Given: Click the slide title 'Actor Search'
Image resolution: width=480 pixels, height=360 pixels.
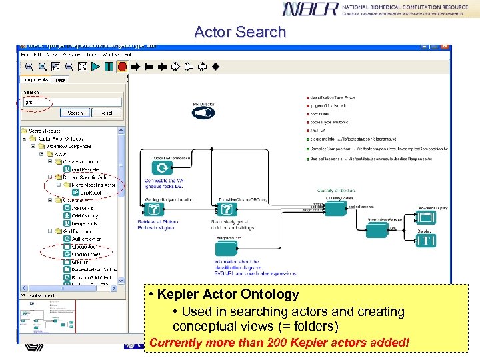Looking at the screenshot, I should click(239, 32).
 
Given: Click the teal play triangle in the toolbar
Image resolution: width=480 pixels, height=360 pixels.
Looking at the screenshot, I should click(96, 66).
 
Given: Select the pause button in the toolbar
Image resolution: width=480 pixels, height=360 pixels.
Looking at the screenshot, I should click(109, 66).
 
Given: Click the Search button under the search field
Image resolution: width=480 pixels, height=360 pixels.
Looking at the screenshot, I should click(75, 113).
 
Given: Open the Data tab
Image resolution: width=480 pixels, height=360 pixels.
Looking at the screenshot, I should click(60, 80).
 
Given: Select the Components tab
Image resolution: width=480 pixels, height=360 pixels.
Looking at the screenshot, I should click(36, 80).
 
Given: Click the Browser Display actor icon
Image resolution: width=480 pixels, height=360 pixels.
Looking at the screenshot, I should click(427, 217).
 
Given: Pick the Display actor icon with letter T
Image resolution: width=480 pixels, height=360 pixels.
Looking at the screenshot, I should click(427, 241).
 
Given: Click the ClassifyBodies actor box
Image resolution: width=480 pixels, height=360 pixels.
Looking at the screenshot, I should click(335, 209).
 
